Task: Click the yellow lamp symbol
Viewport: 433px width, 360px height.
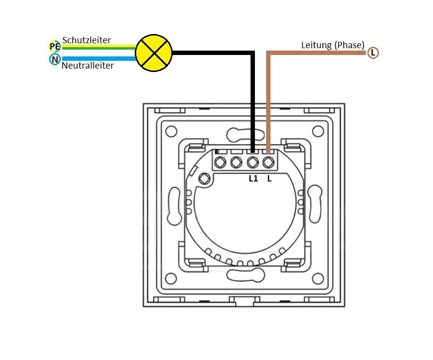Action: pos(153,53)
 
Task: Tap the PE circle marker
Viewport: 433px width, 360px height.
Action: pos(54,47)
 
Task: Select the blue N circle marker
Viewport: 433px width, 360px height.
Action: pos(54,59)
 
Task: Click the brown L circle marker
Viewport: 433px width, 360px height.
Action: pos(373,53)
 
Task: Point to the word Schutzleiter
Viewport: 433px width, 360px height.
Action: pos(87,40)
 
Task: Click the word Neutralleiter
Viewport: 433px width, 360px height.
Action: pos(88,65)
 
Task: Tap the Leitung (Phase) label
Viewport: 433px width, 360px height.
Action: pos(333,45)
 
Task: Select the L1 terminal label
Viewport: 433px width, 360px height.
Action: pos(253,179)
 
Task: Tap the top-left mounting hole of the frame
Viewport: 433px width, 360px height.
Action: pos(171,131)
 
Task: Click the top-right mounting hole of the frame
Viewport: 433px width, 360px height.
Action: pos(318,131)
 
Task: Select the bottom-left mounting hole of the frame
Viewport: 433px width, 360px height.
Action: pos(171,278)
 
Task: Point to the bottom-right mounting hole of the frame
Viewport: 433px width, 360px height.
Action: pos(318,278)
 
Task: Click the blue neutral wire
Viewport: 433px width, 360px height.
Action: pos(97,59)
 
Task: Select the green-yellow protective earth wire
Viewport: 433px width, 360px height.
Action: pos(97,47)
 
